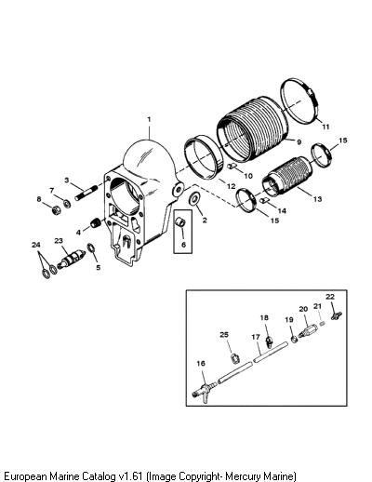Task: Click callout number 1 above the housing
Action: pyautogui.click(x=149, y=119)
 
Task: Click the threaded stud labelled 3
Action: pyautogui.click(x=85, y=193)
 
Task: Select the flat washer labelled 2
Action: pyautogui.click(x=195, y=198)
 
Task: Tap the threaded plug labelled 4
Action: pyautogui.click(x=96, y=222)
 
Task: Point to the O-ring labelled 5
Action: pyautogui.click(x=91, y=248)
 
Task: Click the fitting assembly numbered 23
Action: pyautogui.click(x=71, y=259)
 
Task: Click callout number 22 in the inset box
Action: pyautogui.click(x=330, y=297)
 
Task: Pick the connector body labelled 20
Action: pyautogui.click(x=308, y=331)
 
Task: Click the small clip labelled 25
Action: pyautogui.click(x=235, y=358)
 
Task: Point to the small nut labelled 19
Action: pyautogui.click(x=295, y=339)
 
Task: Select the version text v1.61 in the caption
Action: pyautogui.click(x=130, y=475)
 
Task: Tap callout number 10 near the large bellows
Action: pyautogui.click(x=248, y=176)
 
